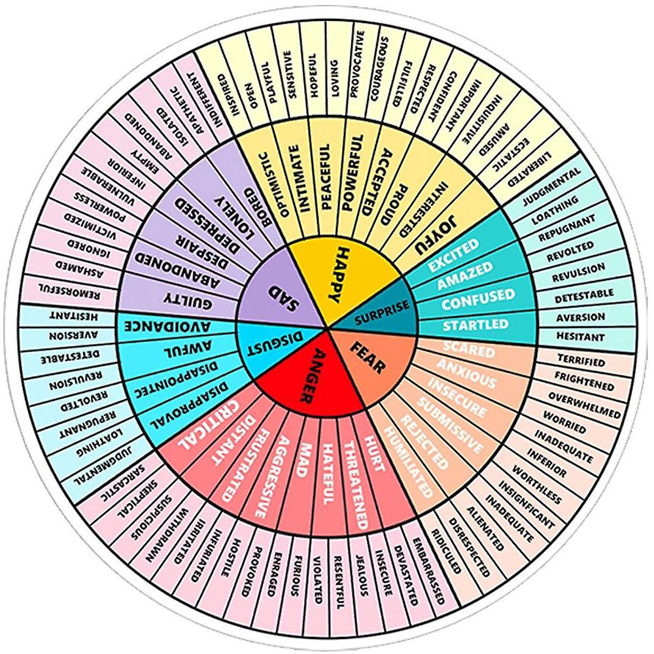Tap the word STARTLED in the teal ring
[475, 324]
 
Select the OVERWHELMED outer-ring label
[584, 405]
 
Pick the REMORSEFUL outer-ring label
[69, 292]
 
